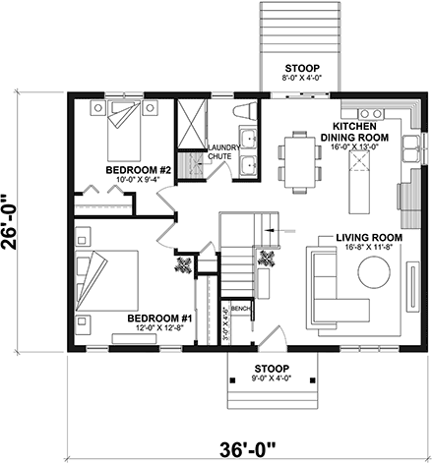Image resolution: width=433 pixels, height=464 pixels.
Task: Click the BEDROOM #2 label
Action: (139, 170)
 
